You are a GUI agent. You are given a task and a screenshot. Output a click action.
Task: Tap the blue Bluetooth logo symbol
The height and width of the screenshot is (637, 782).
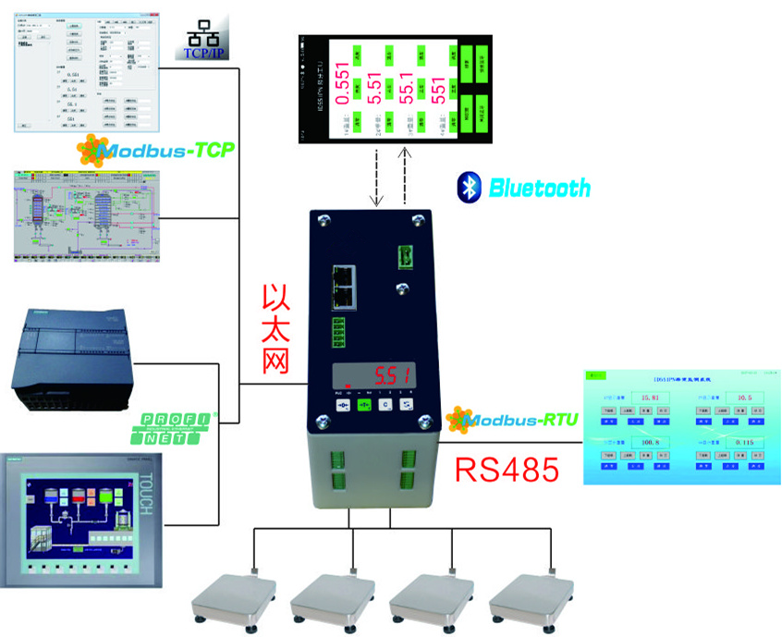point(470,188)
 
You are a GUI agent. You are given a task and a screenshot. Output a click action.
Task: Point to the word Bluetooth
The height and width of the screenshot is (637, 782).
point(539,189)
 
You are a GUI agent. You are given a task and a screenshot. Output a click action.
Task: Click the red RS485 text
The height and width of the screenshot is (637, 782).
point(507,470)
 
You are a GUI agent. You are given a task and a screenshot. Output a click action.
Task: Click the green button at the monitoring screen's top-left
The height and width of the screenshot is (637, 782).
point(597,376)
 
